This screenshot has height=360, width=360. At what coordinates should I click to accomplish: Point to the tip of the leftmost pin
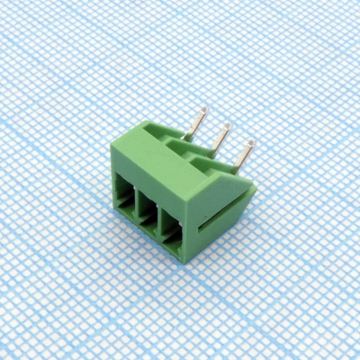(205, 111)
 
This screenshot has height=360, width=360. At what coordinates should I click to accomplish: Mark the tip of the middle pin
(228, 125)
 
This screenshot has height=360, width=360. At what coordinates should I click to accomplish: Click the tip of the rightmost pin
(251, 142)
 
